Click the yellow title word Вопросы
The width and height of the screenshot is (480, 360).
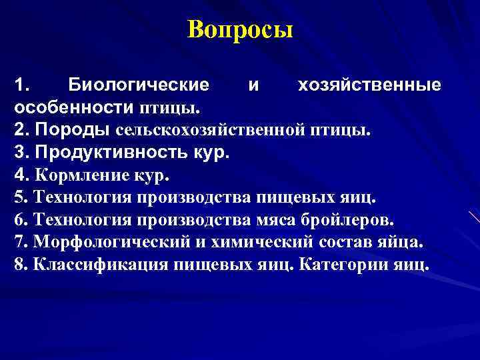(240, 30)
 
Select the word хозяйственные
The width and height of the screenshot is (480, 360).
(369, 86)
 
